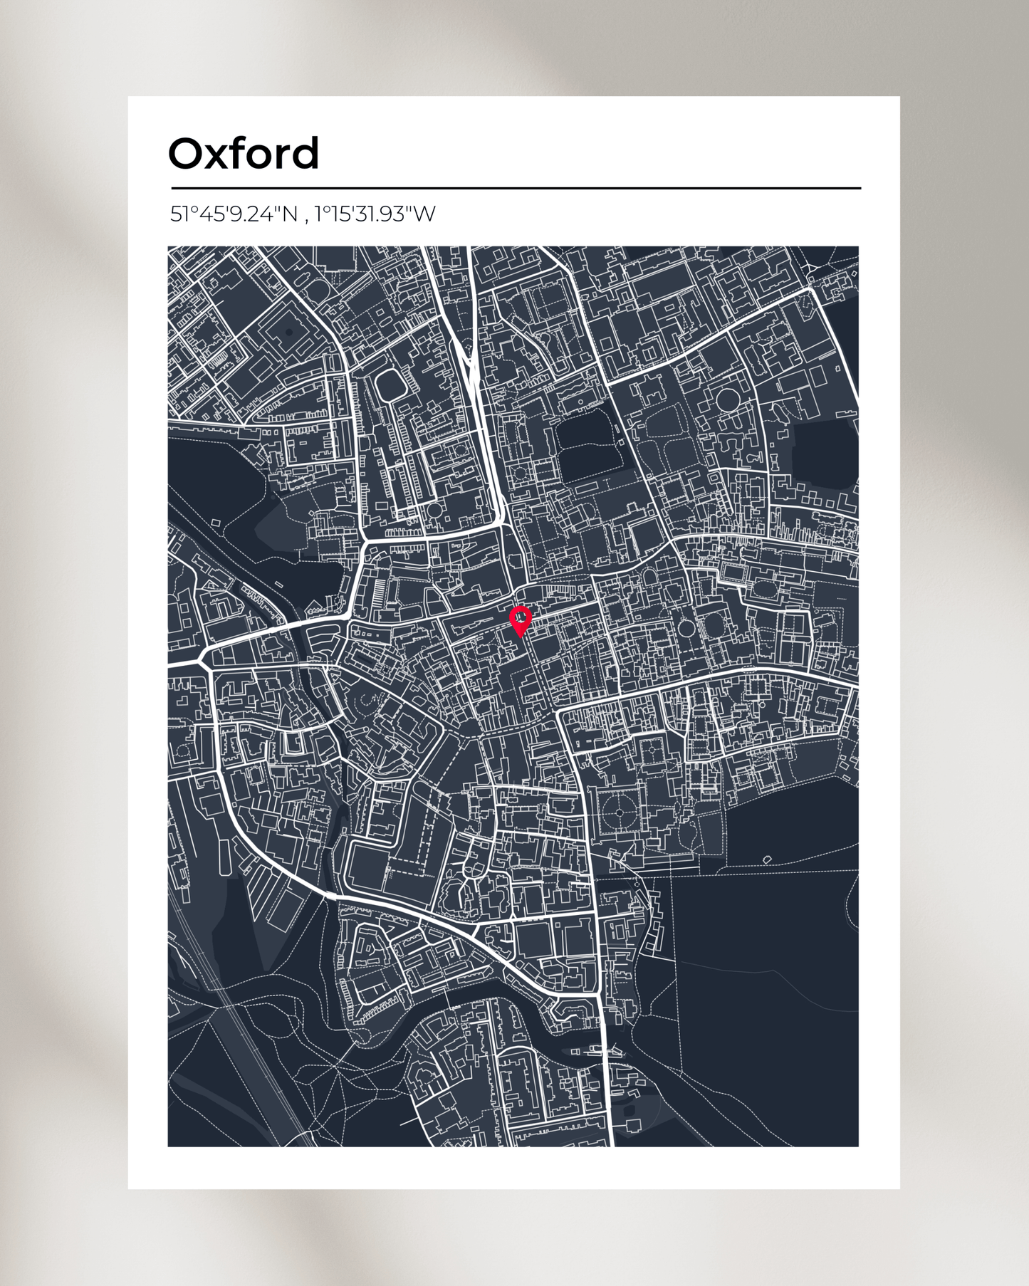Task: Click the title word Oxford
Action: tap(244, 154)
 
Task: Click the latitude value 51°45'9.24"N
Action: tap(234, 214)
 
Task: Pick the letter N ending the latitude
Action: tap(289, 214)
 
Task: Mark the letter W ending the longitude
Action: tap(424, 214)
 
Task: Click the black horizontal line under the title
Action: tap(516, 189)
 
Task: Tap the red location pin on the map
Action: tap(521, 620)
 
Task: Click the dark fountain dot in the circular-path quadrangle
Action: tap(619, 813)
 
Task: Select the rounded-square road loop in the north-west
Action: tap(390, 385)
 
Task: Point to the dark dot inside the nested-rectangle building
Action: tap(288, 332)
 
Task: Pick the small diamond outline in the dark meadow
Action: tap(767, 859)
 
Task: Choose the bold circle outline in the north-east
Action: tap(727, 401)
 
